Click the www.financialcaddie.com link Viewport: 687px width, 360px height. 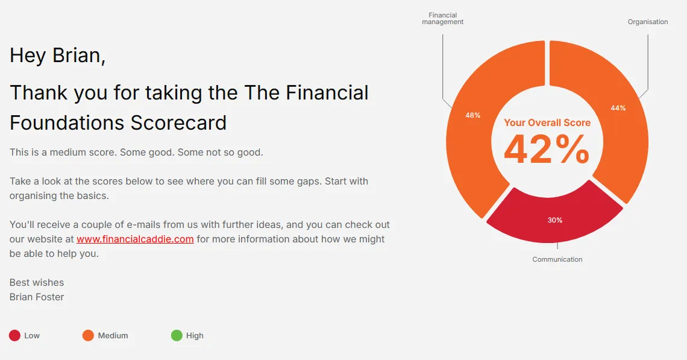click(135, 239)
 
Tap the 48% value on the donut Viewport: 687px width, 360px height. click(472, 115)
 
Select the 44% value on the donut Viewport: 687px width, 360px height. click(618, 108)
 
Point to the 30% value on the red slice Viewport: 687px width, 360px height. click(554, 220)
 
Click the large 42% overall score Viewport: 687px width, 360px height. click(547, 149)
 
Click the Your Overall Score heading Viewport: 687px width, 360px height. click(547, 123)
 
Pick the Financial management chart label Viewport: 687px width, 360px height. click(442, 19)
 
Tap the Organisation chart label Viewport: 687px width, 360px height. click(648, 22)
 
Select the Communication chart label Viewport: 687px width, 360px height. click(557, 259)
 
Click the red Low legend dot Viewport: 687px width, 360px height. click(14, 335)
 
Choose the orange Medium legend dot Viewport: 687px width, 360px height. click(88, 335)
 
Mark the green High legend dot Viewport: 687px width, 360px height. click(177, 335)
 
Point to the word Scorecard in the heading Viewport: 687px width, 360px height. click(178, 123)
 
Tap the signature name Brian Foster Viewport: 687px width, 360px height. click(37, 297)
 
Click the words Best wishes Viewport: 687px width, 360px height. click(37, 282)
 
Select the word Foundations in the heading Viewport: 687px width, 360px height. click(67, 123)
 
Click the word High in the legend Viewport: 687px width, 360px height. click(195, 335)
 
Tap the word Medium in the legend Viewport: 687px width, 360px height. click(113, 335)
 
